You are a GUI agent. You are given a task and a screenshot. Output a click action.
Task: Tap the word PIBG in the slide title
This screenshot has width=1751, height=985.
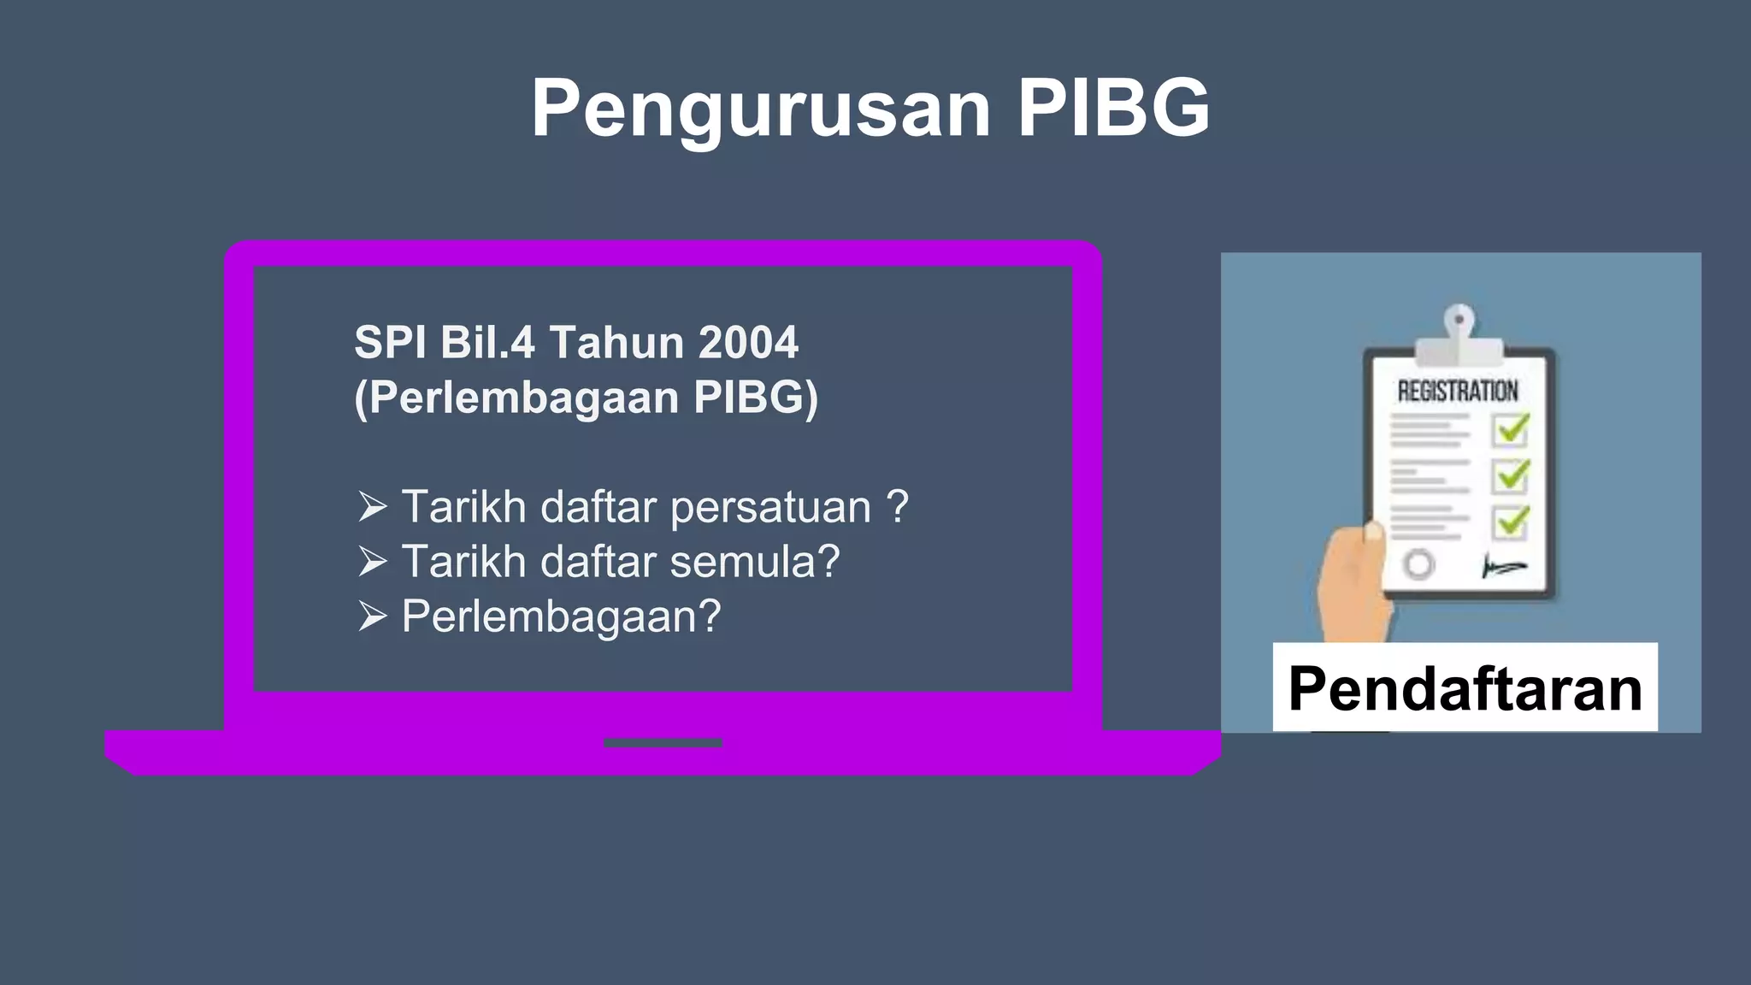point(1113,108)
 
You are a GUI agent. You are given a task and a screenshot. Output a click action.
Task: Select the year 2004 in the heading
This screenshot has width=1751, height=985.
point(748,342)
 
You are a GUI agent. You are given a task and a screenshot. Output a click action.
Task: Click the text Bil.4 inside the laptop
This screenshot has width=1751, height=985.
point(487,342)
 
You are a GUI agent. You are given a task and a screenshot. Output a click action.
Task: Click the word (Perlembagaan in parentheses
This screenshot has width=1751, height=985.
point(516,398)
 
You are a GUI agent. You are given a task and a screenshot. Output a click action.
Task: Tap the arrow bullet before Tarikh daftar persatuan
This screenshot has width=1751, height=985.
point(373,507)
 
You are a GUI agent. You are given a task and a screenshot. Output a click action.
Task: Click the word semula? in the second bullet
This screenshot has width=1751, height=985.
point(755,562)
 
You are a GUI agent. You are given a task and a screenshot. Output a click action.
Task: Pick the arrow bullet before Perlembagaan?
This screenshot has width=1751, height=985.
point(373,616)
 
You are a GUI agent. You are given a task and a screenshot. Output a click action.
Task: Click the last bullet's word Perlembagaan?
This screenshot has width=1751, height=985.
point(562,616)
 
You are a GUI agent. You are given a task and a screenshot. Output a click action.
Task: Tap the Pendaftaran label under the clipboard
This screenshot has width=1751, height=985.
point(1465,688)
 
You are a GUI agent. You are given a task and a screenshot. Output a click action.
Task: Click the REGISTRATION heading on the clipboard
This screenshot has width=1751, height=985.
point(1458,392)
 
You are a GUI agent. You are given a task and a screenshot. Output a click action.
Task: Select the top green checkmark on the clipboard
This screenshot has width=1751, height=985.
point(1512,428)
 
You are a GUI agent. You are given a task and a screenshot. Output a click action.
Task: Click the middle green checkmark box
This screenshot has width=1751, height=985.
point(1512,475)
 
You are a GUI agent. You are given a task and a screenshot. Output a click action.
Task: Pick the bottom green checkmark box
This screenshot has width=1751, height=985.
point(1512,522)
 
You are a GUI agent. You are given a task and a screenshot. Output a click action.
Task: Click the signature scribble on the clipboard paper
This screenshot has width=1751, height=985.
point(1503,566)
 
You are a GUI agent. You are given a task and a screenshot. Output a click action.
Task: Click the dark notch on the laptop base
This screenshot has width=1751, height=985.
point(663,743)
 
